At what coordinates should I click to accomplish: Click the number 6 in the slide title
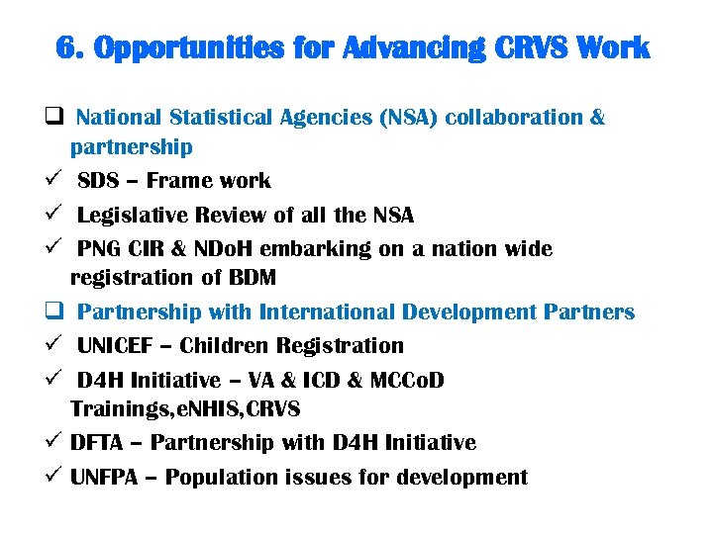(67, 47)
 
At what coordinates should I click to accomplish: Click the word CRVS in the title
(525, 47)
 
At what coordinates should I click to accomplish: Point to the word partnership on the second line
(131, 147)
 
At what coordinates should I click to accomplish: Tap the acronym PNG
(100, 248)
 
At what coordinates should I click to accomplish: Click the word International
(327, 311)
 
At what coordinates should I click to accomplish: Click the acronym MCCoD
(408, 380)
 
